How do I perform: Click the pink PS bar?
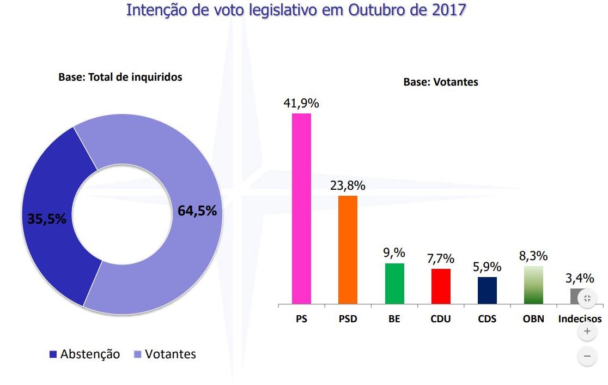point(301,208)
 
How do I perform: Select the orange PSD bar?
point(348,249)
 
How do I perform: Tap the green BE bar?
point(394,284)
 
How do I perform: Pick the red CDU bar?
point(441,286)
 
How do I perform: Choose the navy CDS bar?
point(487,290)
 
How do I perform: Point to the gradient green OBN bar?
point(533,285)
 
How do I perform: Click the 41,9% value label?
point(301,103)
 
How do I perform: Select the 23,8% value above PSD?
point(348,185)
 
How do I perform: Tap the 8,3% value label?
point(533,256)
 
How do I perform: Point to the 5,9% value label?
point(487,267)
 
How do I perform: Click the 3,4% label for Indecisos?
point(579,279)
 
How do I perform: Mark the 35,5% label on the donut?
point(47,219)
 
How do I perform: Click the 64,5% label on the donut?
point(197,211)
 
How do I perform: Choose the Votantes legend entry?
point(165,354)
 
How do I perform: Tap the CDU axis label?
point(441,319)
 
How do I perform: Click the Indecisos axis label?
point(580,319)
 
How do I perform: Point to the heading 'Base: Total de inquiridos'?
point(120,77)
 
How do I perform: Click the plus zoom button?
point(587,331)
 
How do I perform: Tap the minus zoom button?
point(587,356)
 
